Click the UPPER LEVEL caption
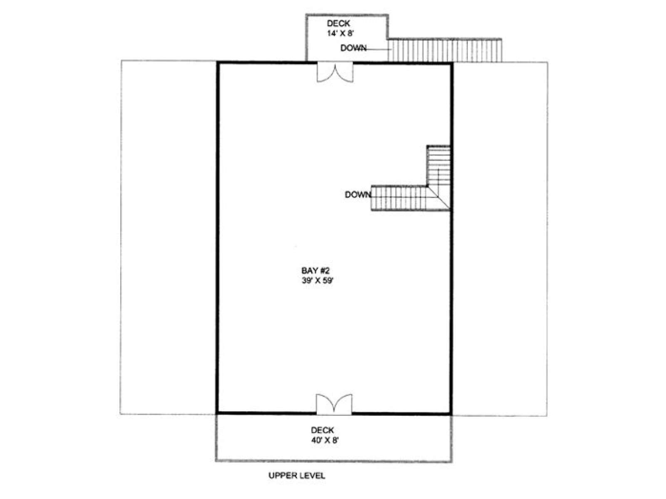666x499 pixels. [x=296, y=475]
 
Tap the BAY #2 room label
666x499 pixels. [x=315, y=270]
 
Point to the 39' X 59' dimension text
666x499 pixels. [x=317, y=281]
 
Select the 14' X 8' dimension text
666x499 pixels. [x=340, y=33]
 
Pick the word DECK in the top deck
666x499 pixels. [x=338, y=23]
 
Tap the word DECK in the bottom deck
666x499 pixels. [x=322, y=430]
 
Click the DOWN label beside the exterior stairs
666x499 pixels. [x=353, y=48]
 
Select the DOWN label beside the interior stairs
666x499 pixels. [x=358, y=195]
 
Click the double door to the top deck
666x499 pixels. [x=335, y=72]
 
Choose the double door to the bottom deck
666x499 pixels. [x=334, y=404]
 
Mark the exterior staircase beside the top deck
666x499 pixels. [x=445, y=50]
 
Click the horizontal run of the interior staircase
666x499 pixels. [x=399, y=198]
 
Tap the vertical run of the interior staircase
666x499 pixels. [x=438, y=166]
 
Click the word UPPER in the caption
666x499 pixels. [x=281, y=475]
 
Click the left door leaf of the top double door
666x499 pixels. [x=326, y=73]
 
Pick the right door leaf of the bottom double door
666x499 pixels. [x=343, y=404]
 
